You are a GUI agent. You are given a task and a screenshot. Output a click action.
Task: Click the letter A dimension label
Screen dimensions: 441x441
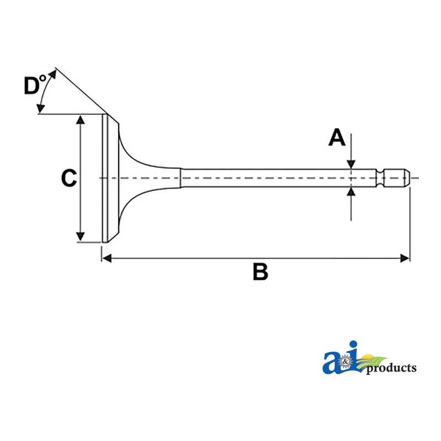click(337, 137)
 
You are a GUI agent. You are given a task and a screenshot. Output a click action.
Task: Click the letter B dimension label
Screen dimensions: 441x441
click(260, 271)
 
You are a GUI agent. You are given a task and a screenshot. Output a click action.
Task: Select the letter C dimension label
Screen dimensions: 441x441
click(69, 178)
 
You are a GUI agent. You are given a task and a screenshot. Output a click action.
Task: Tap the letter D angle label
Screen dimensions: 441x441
click(31, 85)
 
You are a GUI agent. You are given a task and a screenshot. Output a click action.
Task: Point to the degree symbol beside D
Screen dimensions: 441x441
click(42, 78)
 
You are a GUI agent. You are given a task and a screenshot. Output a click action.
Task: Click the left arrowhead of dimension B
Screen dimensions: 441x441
click(106, 258)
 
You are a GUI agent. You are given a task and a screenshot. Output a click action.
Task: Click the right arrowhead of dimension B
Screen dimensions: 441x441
click(405, 258)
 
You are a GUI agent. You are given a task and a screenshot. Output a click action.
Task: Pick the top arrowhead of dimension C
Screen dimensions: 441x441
click(80, 120)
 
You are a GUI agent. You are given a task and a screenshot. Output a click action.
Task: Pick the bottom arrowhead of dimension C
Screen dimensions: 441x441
click(80, 237)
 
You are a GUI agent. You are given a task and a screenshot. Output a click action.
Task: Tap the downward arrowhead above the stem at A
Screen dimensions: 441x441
click(351, 164)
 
